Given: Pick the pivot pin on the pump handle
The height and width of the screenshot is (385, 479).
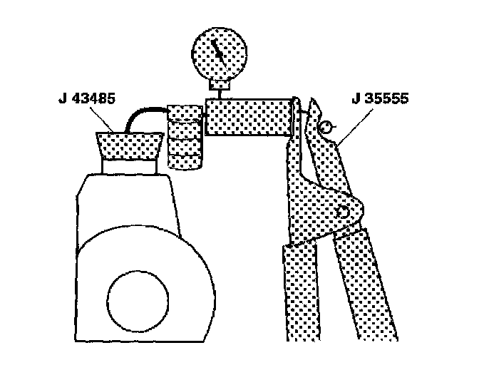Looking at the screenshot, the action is pos(344,210).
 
